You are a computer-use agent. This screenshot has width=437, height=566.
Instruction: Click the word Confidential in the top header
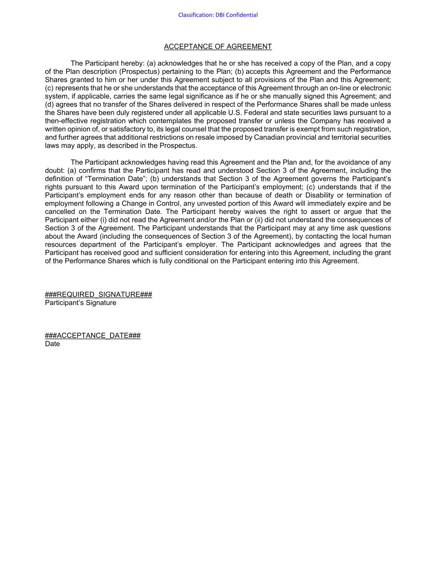point(242,15)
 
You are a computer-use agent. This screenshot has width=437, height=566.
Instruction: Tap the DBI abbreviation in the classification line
point(220,15)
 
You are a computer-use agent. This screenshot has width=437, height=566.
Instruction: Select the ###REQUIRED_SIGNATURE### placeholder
point(99,294)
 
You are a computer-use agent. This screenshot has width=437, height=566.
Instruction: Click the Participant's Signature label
point(80,303)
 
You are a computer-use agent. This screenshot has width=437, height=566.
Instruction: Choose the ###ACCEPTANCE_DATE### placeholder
point(93,335)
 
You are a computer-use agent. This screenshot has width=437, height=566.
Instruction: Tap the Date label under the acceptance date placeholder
point(52,344)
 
